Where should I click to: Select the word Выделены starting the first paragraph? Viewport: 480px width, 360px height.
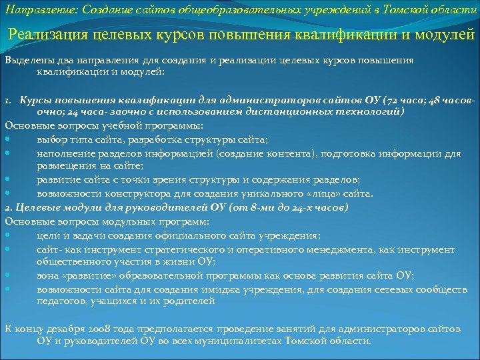click(x=26, y=60)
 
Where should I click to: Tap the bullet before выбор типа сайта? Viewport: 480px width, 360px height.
click(x=7, y=139)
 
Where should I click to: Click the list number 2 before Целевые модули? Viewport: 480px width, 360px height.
click(x=7, y=207)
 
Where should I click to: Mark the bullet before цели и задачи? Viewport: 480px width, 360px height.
click(x=7, y=235)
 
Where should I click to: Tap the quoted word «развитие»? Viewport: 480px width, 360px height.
click(x=89, y=275)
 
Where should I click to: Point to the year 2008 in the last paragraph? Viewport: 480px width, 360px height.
click(x=98, y=328)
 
